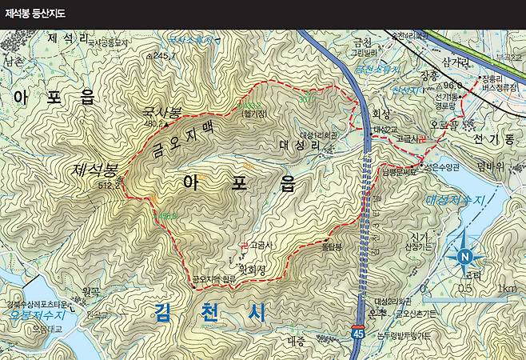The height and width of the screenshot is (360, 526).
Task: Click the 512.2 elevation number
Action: click(110, 184)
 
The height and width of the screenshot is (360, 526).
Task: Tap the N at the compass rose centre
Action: click(464, 256)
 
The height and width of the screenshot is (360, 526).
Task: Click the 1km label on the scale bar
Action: click(505, 289)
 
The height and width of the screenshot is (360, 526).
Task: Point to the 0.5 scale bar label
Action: click(464, 289)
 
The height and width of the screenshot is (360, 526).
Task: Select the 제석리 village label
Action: click(67, 38)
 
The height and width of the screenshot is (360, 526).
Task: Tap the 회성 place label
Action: click(380, 114)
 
